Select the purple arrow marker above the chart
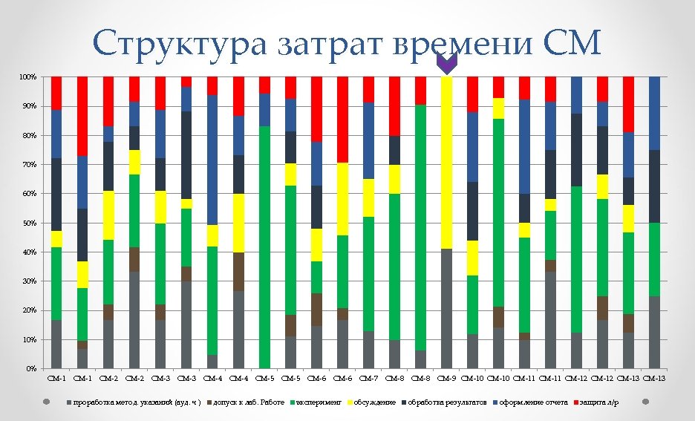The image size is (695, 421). (x=446, y=65)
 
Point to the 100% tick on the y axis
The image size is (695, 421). (x=27, y=77)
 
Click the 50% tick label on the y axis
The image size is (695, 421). (x=27, y=223)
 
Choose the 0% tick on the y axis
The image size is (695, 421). (x=30, y=368)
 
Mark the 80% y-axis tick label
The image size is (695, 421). (x=27, y=135)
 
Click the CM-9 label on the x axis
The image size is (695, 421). (x=446, y=379)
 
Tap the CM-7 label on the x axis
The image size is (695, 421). (x=368, y=379)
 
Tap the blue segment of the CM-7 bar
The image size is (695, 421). (x=368, y=140)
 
